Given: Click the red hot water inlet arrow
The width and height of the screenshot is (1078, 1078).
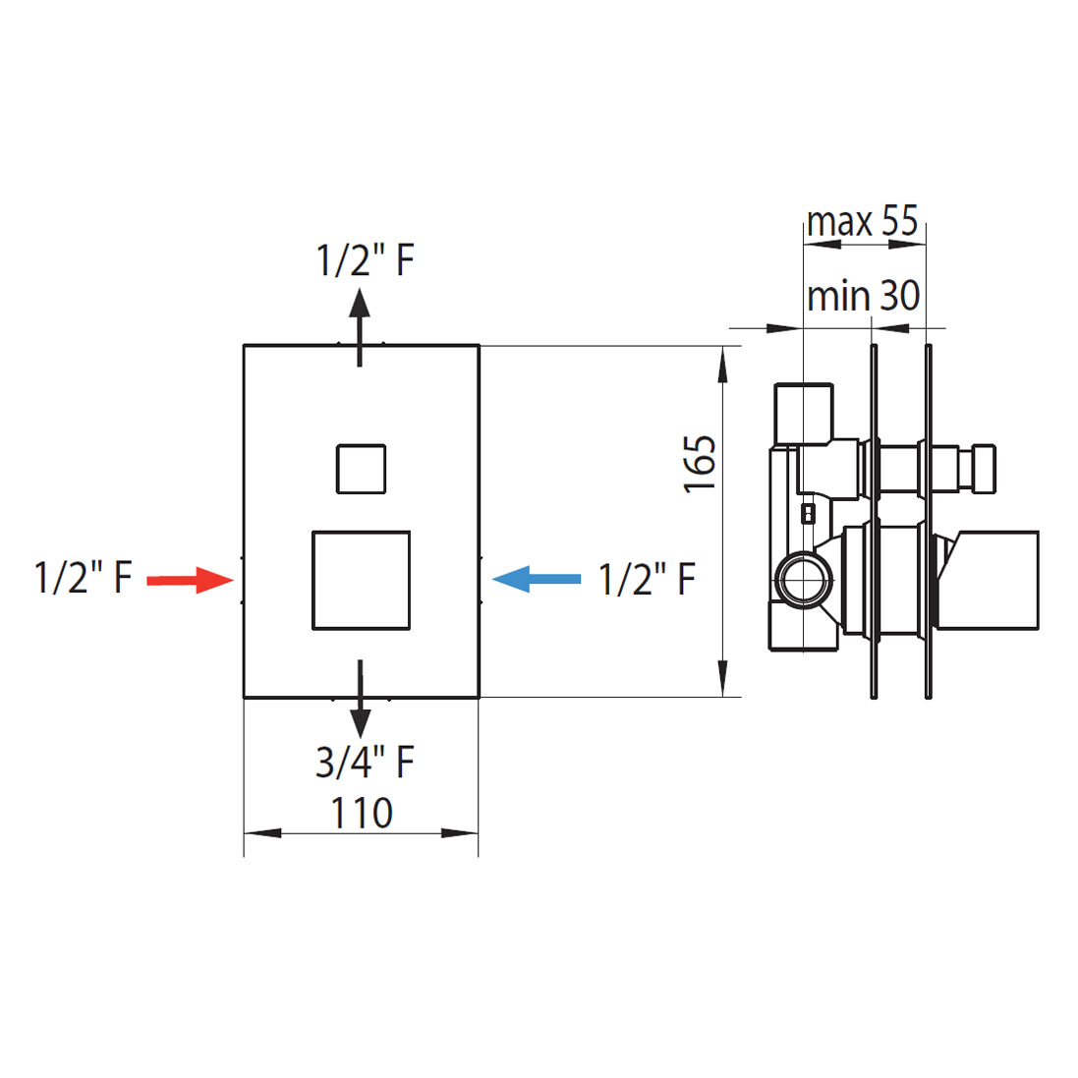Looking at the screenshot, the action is [x=191, y=580].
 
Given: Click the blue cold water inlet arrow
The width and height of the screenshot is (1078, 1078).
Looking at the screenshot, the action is [x=537, y=579].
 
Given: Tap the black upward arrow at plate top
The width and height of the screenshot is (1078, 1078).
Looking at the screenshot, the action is [x=360, y=328].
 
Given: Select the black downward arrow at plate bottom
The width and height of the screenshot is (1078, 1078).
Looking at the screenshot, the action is [x=360, y=700].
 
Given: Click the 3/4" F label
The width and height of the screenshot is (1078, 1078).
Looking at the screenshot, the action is [x=365, y=762].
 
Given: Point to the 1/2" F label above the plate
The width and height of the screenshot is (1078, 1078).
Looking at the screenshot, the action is [x=365, y=260].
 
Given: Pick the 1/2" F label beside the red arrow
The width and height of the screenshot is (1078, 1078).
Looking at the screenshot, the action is [x=83, y=578].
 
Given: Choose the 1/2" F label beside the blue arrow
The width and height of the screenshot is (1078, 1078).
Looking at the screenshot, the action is [x=647, y=579].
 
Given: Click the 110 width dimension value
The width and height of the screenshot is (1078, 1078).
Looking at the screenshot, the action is [x=362, y=813].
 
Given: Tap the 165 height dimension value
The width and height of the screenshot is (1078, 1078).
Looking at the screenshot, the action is [x=700, y=464].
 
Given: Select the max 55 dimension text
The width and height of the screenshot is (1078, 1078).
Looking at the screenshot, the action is [x=862, y=221].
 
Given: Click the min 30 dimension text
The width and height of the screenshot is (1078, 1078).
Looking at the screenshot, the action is [x=863, y=296].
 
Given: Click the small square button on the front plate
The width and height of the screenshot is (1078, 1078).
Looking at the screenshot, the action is [x=361, y=469].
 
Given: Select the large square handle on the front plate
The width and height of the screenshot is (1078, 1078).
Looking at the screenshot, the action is [x=361, y=580].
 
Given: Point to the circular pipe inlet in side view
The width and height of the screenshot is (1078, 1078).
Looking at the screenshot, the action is [x=804, y=580].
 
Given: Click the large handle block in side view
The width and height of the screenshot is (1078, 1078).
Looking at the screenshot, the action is [x=988, y=580].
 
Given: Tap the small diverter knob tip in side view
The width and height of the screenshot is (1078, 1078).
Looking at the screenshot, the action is [x=984, y=469].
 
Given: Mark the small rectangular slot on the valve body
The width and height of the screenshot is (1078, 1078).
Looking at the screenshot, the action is [x=809, y=514].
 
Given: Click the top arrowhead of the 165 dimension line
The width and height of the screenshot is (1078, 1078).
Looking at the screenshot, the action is [x=722, y=365].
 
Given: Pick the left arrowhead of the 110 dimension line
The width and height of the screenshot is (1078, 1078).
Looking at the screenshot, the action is [x=262, y=833].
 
